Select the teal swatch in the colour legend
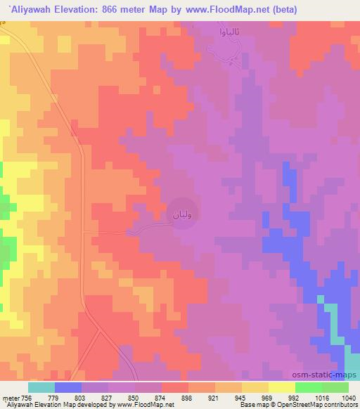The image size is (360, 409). [41, 387]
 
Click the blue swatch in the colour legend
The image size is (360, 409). [68, 387]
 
